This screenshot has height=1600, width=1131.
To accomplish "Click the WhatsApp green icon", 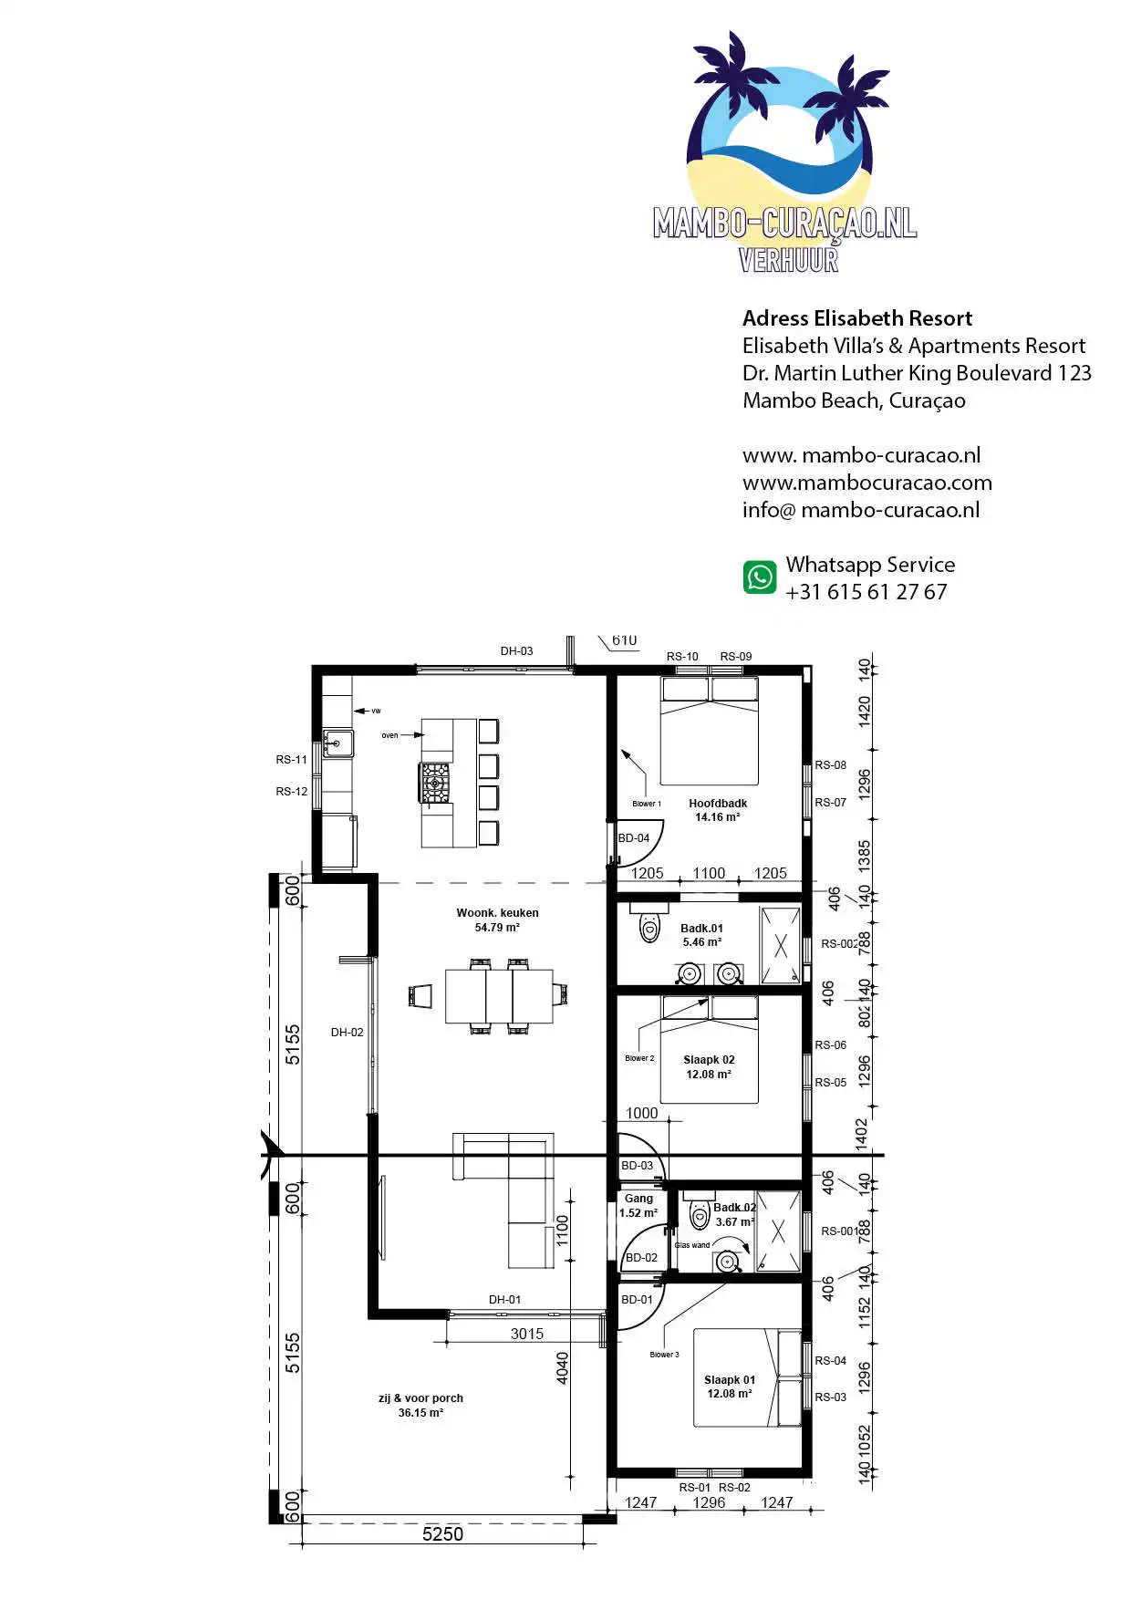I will (x=760, y=577).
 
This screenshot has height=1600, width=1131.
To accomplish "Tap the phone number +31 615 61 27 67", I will (x=866, y=592).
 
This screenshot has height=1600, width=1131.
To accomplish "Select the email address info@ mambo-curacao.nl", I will (x=860, y=510).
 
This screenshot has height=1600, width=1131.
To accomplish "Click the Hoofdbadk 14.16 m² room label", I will (x=718, y=810).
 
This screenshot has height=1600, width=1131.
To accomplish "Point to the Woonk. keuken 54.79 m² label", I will (x=497, y=919).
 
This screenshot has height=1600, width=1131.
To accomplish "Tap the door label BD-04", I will (x=634, y=838).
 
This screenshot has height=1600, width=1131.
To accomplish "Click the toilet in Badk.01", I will (x=649, y=928).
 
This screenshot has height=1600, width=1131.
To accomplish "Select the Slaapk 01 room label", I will (x=730, y=1387).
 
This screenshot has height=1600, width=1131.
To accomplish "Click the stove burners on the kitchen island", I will (x=435, y=782).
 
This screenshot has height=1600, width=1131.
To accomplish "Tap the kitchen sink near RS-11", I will (x=337, y=744).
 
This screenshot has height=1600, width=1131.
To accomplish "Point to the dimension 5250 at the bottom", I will (x=442, y=1534).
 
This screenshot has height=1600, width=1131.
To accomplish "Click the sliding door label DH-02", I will (x=347, y=1033).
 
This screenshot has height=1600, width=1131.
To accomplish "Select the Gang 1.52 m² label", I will (x=638, y=1206).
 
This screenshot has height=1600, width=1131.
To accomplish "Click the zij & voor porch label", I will (x=420, y=1405).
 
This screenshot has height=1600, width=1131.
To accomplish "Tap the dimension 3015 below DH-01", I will (x=526, y=1334).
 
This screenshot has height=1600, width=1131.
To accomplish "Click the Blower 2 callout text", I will (x=639, y=1058).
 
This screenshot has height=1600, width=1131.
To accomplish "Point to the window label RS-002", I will (x=838, y=944).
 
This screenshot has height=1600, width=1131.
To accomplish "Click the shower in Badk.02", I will (x=778, y=1231).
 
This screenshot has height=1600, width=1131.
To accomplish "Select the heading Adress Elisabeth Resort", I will (x=856, y=318).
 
